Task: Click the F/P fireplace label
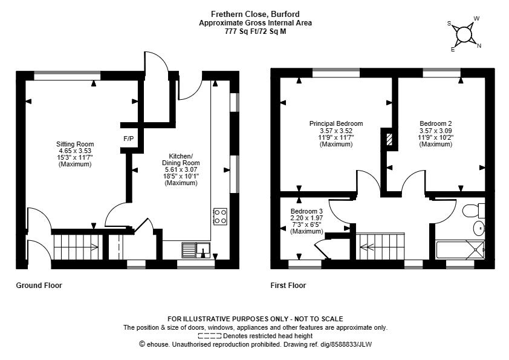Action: click(x=129, y=139)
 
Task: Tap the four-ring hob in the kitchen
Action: click(x=220, y=217)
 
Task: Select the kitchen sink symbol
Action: click(x=196, y=250)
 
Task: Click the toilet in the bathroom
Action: click(x=473, y=211)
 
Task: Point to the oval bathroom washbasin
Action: click(x=479, y=228)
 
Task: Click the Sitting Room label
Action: click(x=75, y=144)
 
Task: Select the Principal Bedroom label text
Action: click(x=336, y=123)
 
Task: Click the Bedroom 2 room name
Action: click(x=436, y=123)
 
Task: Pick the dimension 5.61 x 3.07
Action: click(x=181, y=169)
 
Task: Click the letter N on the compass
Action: click(x=479, y=46)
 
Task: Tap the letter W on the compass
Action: click(x=476, y=19)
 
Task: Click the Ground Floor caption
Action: click(x=39, y=285)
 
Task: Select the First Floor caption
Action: click(x=288, y=285)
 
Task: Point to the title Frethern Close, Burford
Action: click(x=255, y=15)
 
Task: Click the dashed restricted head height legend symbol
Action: click(x=210, y=336)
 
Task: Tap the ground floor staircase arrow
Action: click(x=76, y=247)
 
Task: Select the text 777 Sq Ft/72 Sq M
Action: click(x=256, y=31)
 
